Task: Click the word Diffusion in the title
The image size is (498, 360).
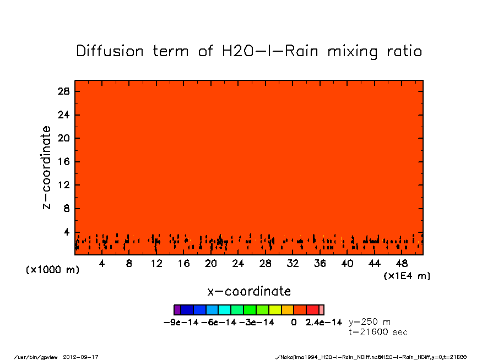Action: [110, 51]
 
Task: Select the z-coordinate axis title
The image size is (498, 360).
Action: [47, 167]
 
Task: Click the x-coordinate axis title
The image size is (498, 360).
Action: [249, 291]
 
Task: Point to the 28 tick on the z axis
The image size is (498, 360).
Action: [64, 91]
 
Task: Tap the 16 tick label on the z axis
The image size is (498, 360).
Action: [64, 162]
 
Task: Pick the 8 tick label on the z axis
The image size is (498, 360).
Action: [67, 209]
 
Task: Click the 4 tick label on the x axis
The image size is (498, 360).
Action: [102, 264]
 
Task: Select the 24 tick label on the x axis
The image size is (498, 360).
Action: [238, 264]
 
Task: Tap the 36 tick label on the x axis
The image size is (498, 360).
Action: [320, 264]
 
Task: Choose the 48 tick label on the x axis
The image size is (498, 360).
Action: [402, 264]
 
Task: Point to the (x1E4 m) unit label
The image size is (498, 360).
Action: [407, 276]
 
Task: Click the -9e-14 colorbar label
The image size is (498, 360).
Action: [181, 322]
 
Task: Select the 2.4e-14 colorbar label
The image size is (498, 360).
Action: [324, 322]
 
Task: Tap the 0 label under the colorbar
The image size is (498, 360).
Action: [294, 322]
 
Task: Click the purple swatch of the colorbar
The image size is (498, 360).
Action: [177, 310]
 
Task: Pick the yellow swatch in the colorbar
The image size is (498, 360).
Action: [275, 310]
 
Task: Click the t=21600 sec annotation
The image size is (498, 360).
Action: [378, 332]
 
